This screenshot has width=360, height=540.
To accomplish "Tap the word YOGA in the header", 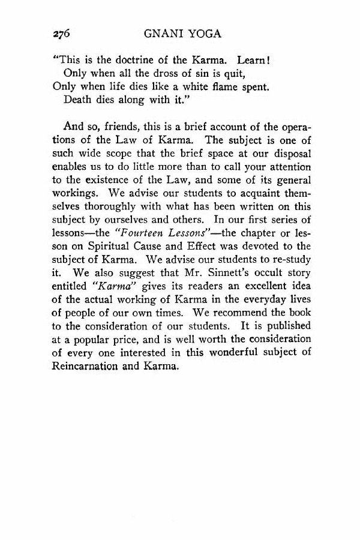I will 205,34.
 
